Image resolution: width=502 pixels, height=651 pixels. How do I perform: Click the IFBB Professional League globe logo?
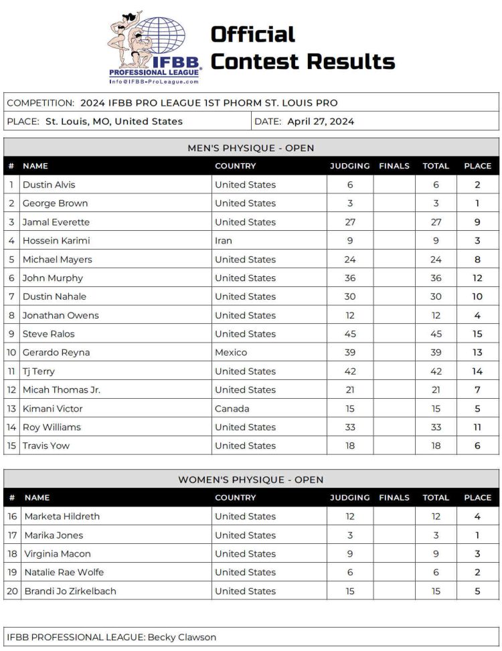(154, 47)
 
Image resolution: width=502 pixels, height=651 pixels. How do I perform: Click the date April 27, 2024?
(321, 121)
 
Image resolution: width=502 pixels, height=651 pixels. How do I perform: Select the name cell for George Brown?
(55, 203)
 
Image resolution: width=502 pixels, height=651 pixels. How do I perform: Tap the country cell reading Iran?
(224, 241)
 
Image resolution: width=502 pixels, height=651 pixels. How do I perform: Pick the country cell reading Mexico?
(231, 353)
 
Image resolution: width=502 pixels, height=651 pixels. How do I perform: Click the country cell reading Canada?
(232, 409)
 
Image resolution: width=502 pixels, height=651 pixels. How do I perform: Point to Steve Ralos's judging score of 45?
(350, 334)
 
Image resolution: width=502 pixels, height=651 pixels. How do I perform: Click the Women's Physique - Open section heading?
(250, 480)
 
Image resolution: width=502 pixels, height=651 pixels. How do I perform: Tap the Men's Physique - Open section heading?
(250, 148)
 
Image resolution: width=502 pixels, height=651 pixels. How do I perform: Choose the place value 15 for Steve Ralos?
(477, 334)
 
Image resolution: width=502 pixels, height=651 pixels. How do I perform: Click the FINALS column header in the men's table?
(394, 166)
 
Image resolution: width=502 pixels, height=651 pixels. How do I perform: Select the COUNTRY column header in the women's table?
(235, 498)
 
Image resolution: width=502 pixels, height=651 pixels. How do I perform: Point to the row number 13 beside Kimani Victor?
(11, 409)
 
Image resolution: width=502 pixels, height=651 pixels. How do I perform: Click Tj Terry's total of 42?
(436, 371)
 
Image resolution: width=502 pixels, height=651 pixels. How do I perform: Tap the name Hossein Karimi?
(56, 241)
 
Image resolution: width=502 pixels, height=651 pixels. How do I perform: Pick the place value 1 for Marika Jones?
(477, 535)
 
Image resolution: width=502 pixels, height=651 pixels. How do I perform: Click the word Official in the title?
(253, 34)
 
